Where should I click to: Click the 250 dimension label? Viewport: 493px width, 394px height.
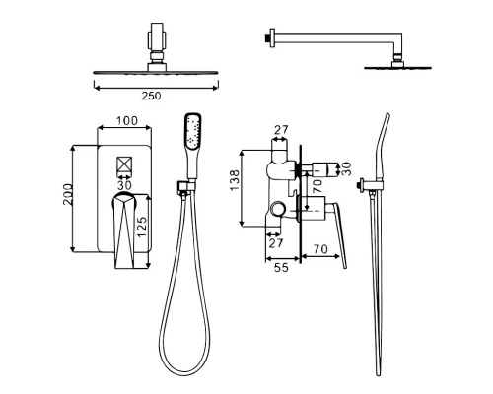151,96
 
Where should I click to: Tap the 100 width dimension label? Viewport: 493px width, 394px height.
127,121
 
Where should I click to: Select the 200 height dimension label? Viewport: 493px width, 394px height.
68,194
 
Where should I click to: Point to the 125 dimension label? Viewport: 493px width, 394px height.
142,227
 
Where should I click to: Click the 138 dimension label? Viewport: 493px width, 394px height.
235,180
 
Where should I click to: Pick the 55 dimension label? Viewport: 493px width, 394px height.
281,268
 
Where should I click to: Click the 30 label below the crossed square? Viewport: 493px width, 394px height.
124,185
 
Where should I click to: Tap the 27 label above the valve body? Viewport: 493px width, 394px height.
281,130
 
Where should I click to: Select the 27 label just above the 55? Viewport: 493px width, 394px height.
276,243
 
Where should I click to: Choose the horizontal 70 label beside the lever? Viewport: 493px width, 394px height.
320,249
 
